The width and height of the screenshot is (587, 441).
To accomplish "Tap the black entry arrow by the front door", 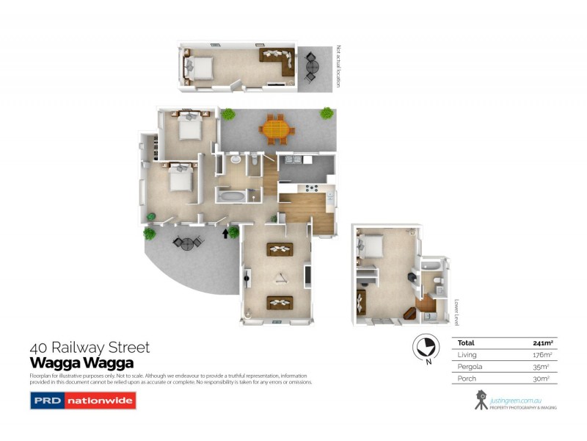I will [225, 234].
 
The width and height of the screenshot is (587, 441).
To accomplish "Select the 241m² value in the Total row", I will [542, 343].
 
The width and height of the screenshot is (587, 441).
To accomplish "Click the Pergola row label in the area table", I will [470, 366].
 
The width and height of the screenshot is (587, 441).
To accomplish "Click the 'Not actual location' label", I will [338, 67].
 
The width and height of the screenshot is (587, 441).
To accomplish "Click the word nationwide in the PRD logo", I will [101, 401].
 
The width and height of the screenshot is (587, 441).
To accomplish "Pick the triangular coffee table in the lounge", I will [280, 276].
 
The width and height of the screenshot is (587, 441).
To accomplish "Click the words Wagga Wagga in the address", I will [81, 362].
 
